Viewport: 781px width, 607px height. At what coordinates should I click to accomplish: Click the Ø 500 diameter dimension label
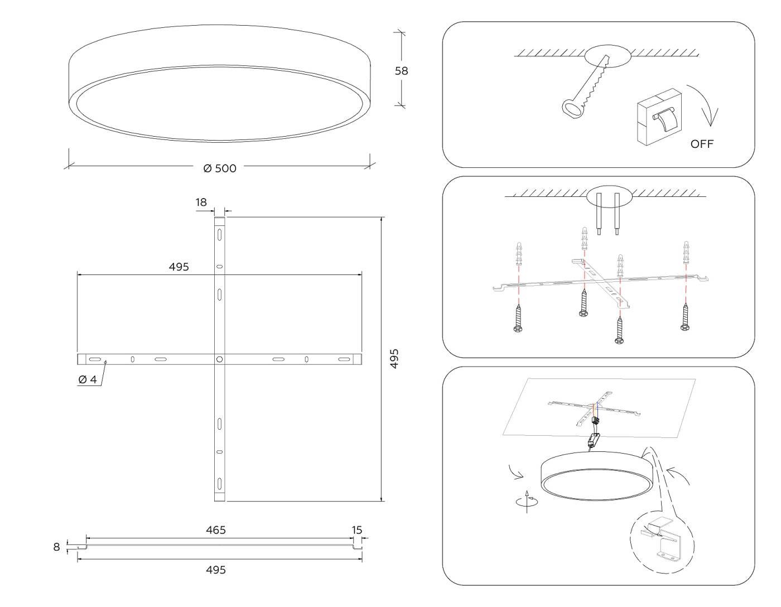pos(220,168)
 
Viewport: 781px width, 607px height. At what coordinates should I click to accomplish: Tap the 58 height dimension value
pos(401,71)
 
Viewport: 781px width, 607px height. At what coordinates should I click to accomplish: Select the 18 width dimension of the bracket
pos(201,203)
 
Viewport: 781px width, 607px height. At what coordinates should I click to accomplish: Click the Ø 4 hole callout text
pos(88,379)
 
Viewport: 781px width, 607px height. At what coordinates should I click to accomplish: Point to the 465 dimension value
pos(216,530)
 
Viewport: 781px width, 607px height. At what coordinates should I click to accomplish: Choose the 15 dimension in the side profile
pos(356,530)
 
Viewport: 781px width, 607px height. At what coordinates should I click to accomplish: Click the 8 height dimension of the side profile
pos(56,547)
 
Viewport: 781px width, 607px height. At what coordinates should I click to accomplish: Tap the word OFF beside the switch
pos(702,144)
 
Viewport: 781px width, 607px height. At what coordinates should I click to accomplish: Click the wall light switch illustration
pos(659,117)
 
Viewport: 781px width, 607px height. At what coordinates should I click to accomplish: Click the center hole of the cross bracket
pos(219,359)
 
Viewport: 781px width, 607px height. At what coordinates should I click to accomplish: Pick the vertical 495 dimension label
pos(394,359)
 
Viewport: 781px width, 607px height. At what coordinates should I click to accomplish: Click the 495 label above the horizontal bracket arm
pos(179,267)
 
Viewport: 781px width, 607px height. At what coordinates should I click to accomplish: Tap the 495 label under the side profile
pos(216,570)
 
